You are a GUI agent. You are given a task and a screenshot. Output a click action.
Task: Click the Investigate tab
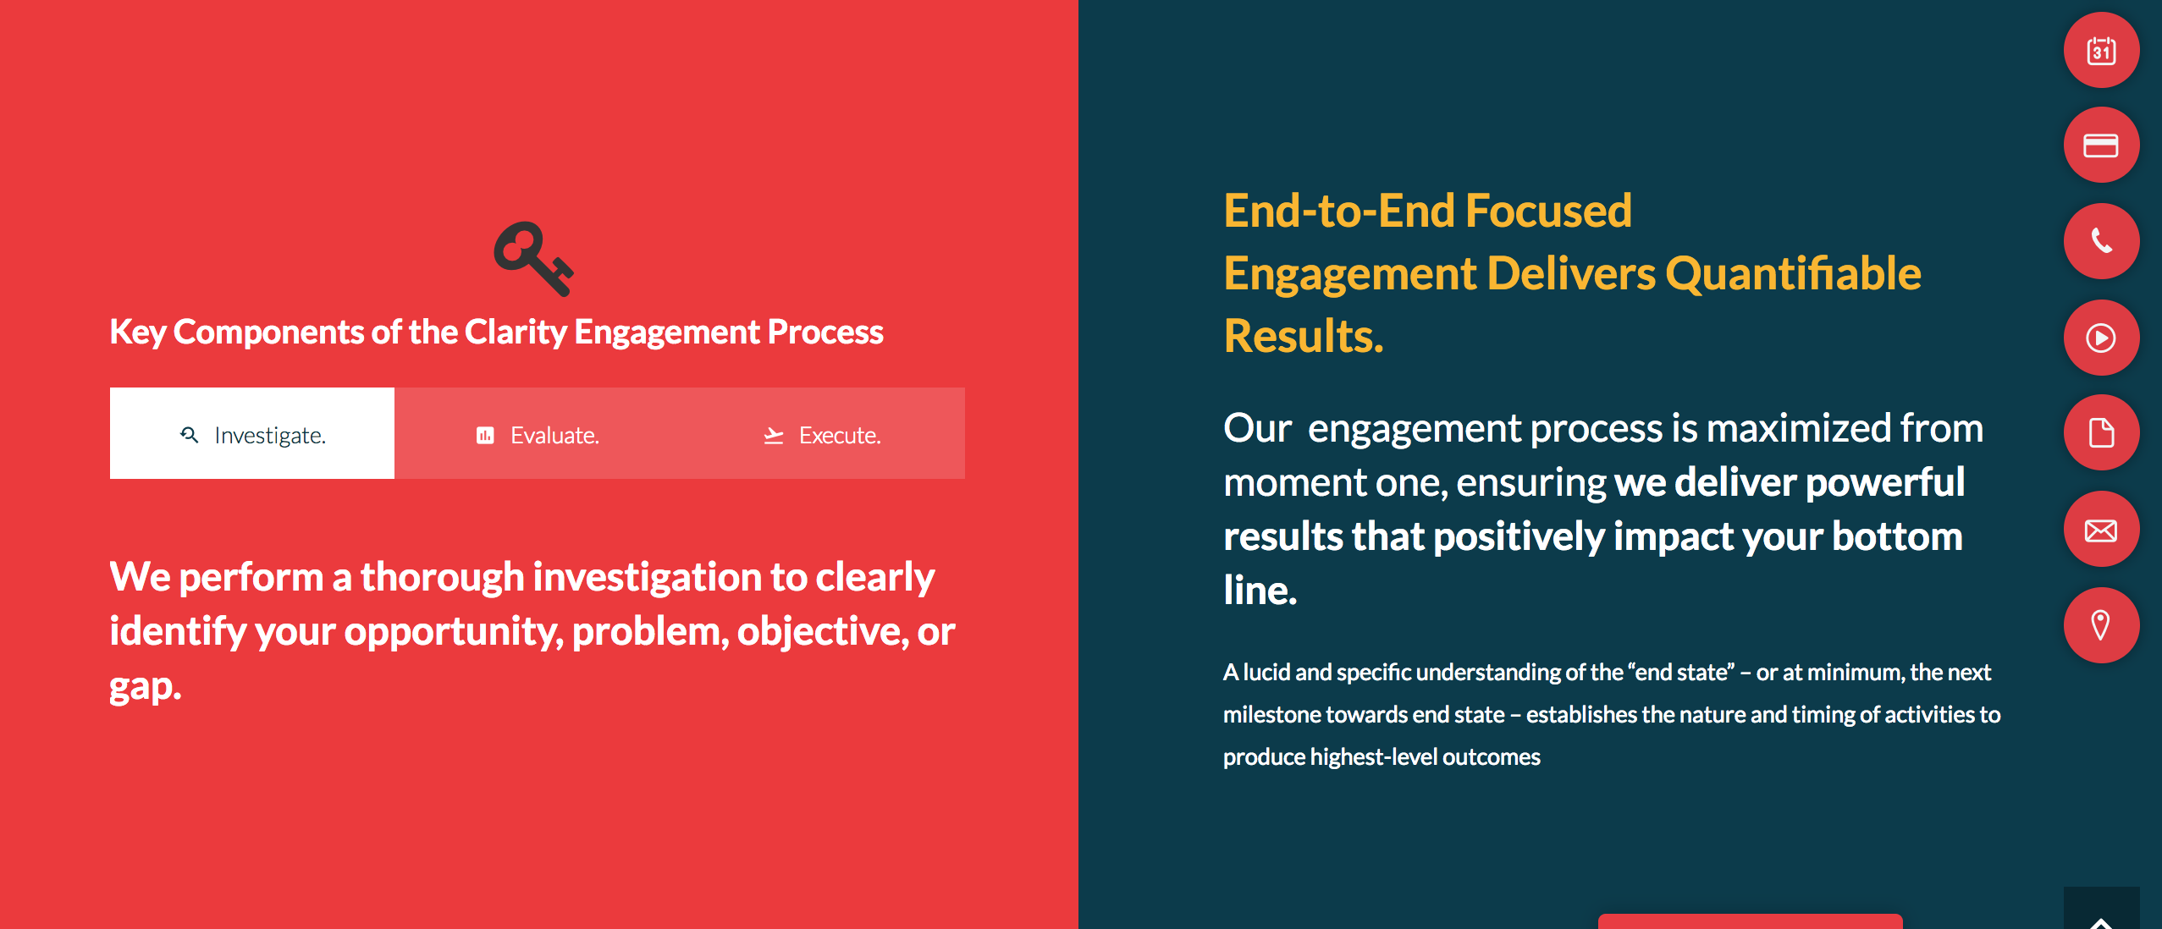[252, 433]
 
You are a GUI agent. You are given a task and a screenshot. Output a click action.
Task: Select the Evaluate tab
[538, 433]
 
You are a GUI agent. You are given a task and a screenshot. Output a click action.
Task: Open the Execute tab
[822, 433]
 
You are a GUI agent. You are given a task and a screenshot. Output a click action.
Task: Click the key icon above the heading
[533, 259]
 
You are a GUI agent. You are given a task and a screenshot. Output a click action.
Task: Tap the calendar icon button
[2101, 51]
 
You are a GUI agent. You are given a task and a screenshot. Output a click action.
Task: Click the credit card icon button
[2101, 146]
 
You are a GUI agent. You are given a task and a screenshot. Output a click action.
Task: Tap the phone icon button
[2101, 241]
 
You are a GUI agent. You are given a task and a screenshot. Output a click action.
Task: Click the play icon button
[2101, 338]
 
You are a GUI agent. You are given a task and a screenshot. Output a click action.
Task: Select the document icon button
[2101, 433]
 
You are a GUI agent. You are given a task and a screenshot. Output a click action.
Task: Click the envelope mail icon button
[2101, 530]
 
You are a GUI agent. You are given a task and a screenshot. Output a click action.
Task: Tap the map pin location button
[2101, 625]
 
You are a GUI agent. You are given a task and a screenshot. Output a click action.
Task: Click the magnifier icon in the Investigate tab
[190, 435]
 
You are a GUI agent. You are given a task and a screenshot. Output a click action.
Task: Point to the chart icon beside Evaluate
[485, 436]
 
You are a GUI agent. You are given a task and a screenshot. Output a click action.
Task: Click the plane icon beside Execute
[774, 436]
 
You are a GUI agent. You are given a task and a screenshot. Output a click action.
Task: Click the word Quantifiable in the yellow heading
[1793, 274]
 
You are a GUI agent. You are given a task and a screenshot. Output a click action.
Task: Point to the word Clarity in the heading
[516, 333]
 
